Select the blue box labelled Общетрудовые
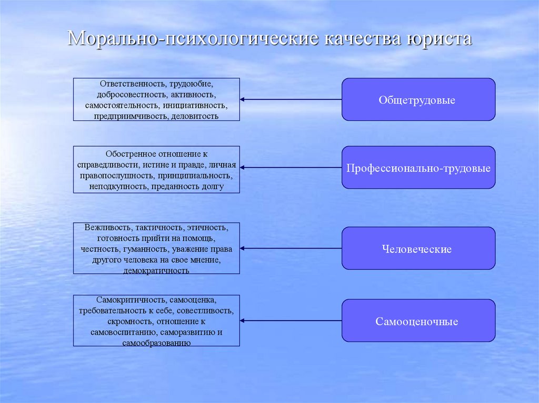[418, 99]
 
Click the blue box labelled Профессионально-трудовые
[418, 168]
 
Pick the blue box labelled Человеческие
[418, 249]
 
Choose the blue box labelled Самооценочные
[418, 321]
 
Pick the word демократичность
[156, 270]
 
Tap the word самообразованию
[156, 343]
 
